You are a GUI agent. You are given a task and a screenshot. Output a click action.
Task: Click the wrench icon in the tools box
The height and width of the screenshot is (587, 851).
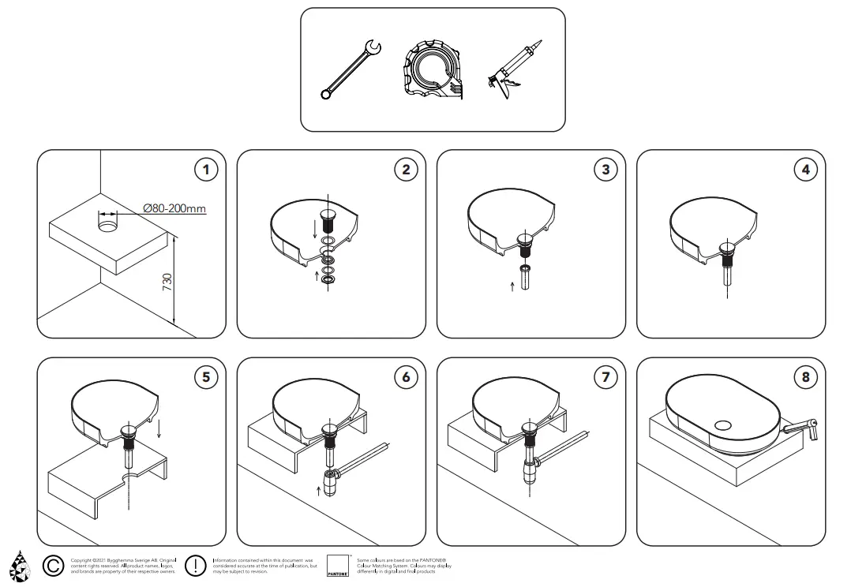[x=351, y=72]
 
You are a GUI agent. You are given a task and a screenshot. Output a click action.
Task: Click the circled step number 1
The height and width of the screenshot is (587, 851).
[x=206, y=169]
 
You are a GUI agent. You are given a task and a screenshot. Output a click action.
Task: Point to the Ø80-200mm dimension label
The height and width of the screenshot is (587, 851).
[x=174, y=208]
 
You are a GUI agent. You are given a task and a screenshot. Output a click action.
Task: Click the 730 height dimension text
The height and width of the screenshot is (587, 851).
[x=167, y=282]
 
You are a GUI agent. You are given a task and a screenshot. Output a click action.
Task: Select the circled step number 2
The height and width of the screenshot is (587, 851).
[x=406, y=169]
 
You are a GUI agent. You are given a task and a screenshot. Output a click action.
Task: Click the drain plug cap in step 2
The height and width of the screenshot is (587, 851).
[x=328, y=215]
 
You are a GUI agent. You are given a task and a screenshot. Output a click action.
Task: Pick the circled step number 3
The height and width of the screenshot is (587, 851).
[x=605, y=169]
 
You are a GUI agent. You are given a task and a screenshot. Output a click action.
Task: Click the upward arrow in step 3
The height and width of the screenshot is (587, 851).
[x=512, y=286]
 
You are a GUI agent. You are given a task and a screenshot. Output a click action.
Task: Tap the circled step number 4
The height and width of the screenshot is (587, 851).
[x=805, y=169]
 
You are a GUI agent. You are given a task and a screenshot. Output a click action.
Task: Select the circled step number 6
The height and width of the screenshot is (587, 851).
[x=406, y=377]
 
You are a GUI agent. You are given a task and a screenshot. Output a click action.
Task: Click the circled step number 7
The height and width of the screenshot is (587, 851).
[x=605, y=377]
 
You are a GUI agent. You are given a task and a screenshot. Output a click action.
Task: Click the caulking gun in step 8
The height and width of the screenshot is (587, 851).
[x=800, y=428]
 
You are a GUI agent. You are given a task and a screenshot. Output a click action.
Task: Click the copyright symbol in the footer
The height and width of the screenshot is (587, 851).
[x=53, y=565]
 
